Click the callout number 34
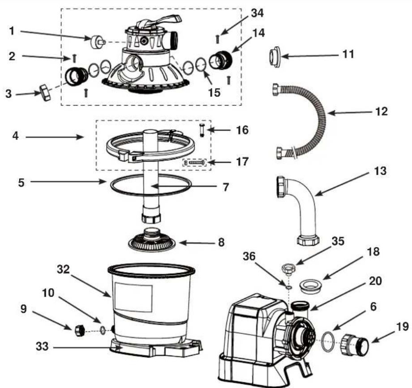pyautogui.click(x=257, y=13)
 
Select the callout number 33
pyautogui.click(x=42, y=346)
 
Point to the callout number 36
pyautogui.click(x=249, y=256)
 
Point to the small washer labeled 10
pyautogui.click(x=103, y=330)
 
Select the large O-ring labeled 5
pyautogui.click(x=150, y=195)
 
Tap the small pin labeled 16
pyautogui.click(x=202, y=130)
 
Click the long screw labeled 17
pyautogui.click(x=196, y=163)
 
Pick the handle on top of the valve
pyautogui.click(x=160, y=21)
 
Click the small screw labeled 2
pyautogui.click(x=74, y=58)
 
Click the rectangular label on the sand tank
pyautogui.click(x=133, y=297)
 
